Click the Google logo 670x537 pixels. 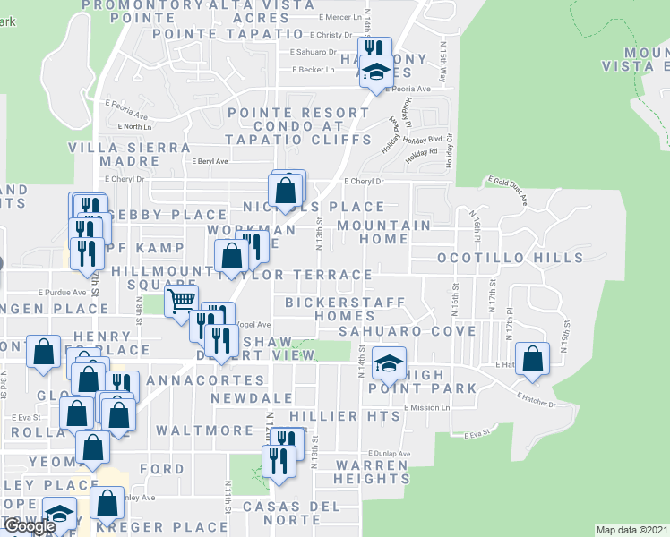point(30,526)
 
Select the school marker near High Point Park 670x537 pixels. point(388,362)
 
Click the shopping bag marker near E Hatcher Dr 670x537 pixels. point(533,358)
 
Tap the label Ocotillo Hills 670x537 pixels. point(510,258)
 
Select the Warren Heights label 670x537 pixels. point(372,472)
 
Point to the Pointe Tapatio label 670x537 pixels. point(228,34)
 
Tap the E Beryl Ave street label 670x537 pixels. point(210,161)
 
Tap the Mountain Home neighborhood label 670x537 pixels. point(383,232)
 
